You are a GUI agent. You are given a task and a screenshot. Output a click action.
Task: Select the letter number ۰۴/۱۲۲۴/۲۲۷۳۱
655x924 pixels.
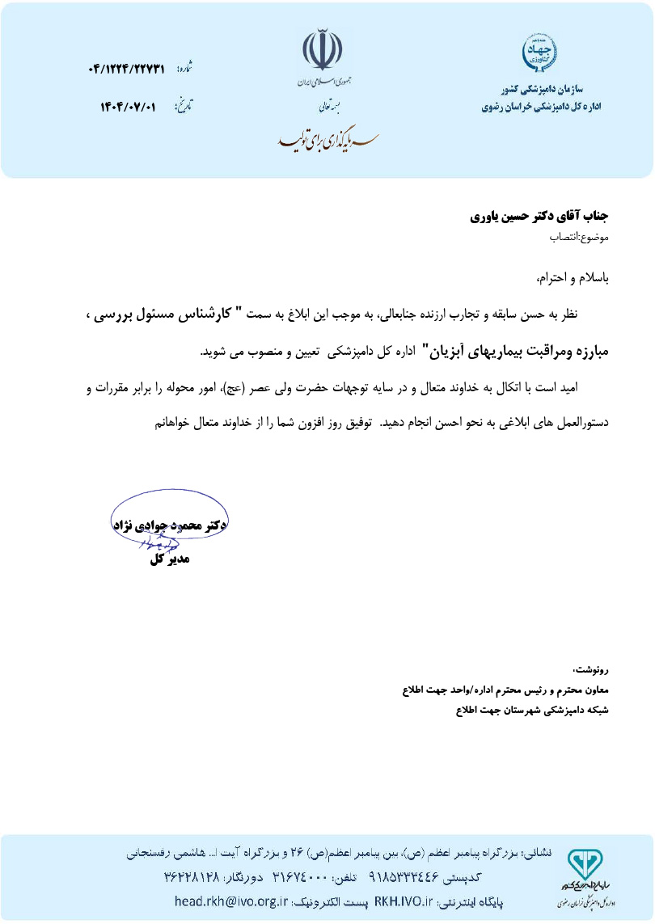click(127, 70)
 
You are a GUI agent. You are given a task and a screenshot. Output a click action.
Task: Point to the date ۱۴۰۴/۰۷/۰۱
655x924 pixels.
click(128, 107)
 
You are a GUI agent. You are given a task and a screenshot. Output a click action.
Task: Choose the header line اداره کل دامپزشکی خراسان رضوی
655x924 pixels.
click(541, 106)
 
